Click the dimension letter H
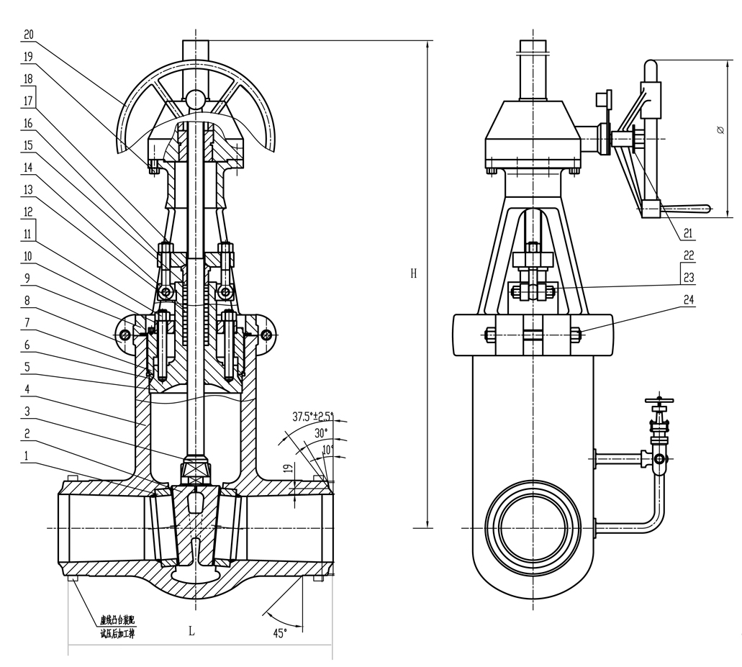pos(412,273)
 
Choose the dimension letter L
pos(191,631)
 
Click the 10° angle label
pos(327,450)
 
